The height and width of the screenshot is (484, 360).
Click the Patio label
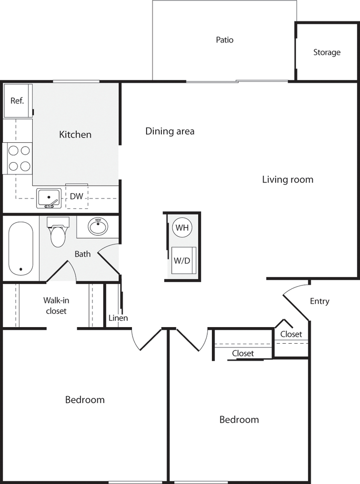pos(225,40)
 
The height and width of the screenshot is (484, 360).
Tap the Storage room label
pos(327,52)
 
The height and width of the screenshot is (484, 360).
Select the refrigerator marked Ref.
pos(18,100)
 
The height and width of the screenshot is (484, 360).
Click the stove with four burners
pos(18,158)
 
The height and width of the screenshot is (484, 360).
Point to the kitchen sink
pos(49,199)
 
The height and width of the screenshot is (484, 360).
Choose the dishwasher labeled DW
pos(77,196)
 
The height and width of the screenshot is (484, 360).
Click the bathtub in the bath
pos(20,249)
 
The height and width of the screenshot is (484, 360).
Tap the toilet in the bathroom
pos(58,232)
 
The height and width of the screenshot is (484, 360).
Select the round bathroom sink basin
pos(98,226)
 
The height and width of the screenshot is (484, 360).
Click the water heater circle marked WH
pos(182,228)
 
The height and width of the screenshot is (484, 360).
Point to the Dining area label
pos(170,131)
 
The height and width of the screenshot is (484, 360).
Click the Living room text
pos(288,180)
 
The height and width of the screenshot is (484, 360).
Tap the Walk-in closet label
pos(56,306)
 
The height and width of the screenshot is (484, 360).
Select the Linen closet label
pos(118,318)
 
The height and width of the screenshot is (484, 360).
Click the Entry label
pos(319,301)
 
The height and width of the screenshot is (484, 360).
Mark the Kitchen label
pos(75,135)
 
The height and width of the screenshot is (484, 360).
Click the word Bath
pos(82,254)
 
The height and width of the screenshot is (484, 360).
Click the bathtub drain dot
pos(21,269)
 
